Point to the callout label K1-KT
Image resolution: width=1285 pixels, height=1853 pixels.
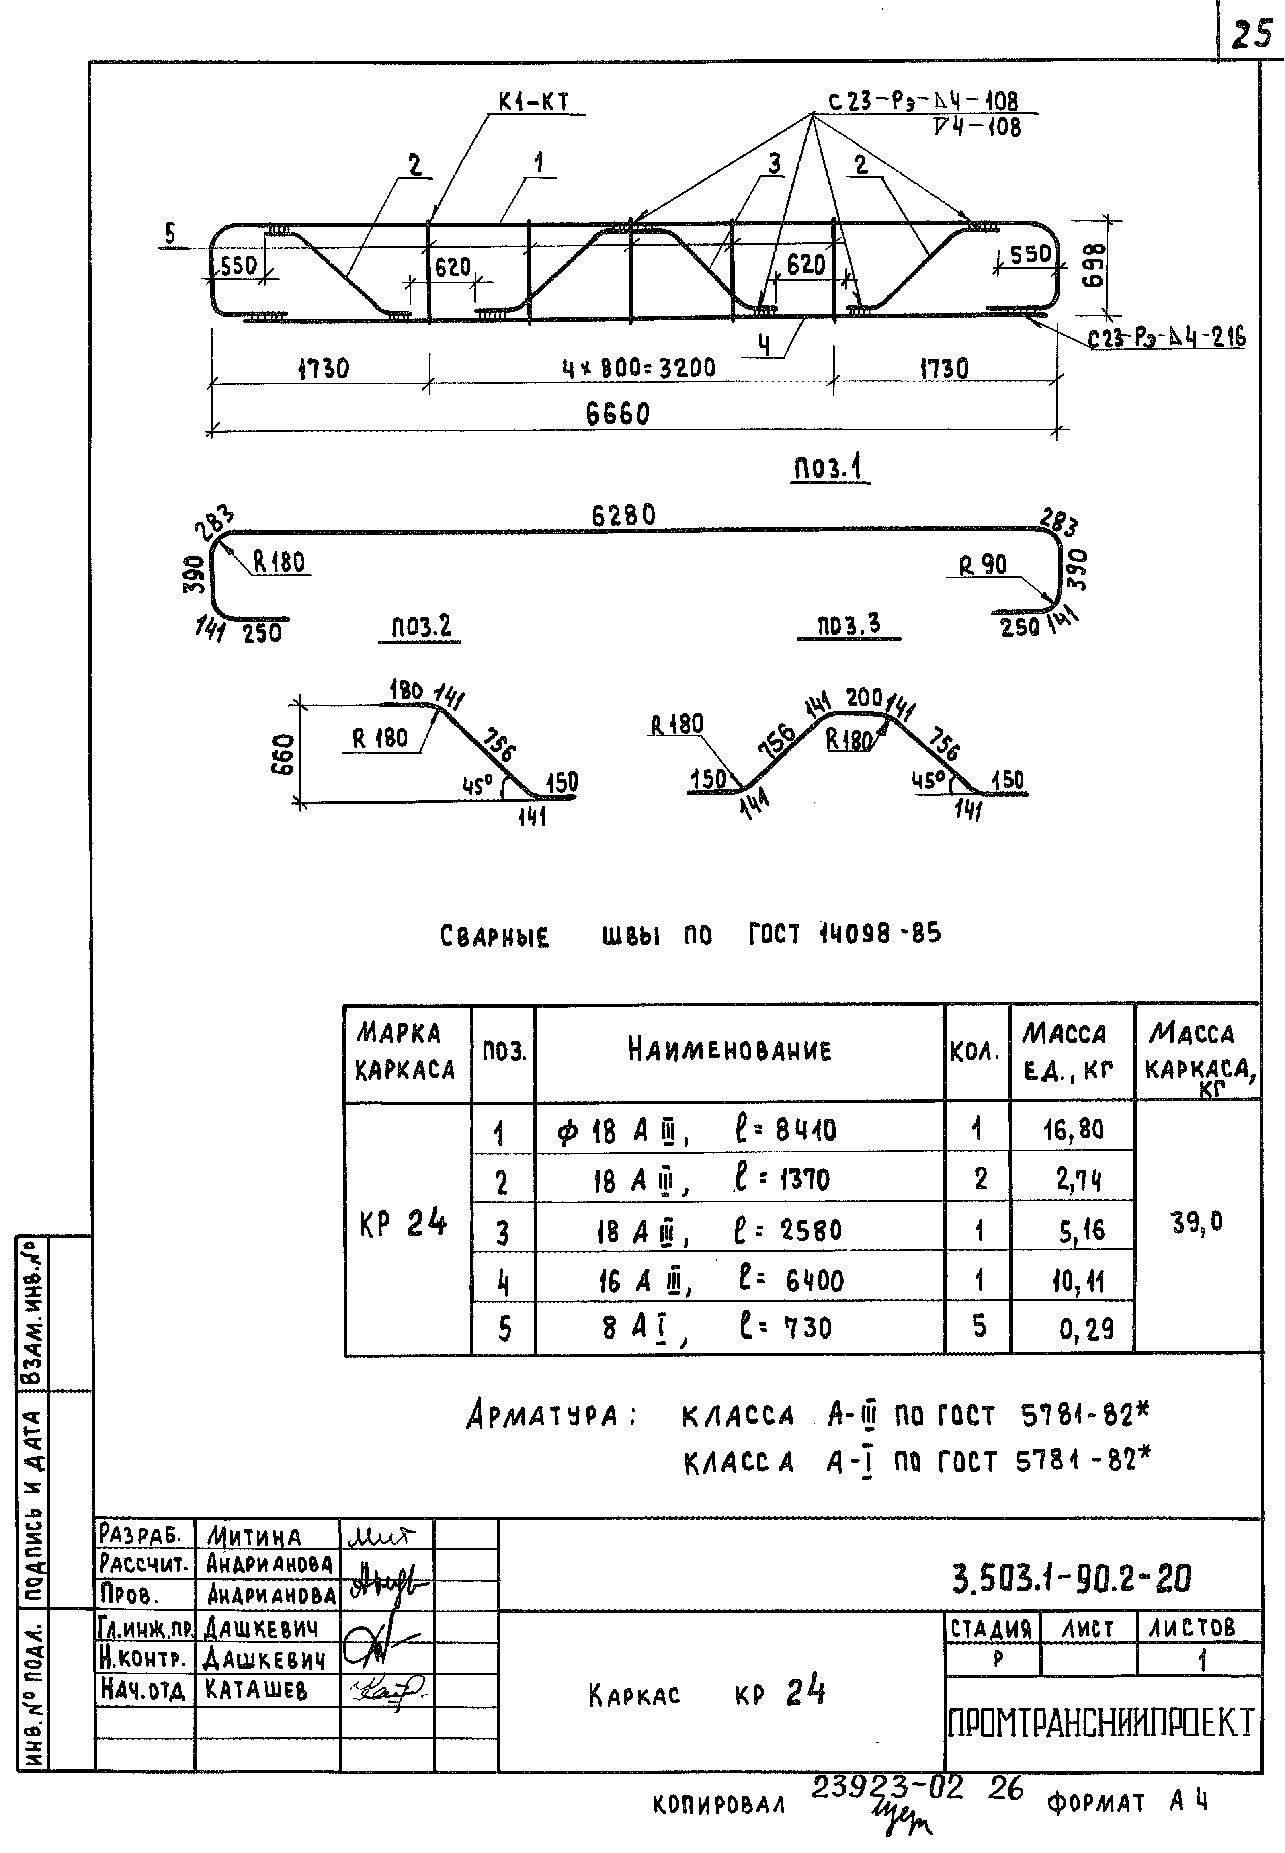point(533,102)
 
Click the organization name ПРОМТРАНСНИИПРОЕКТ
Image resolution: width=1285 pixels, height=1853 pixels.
point(1101,1724)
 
